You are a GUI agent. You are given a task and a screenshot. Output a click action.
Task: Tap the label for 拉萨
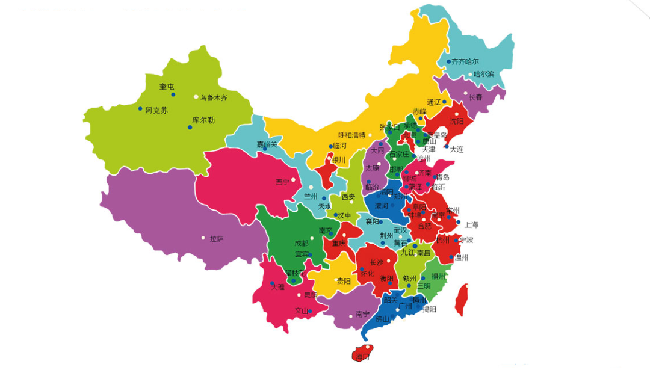217,239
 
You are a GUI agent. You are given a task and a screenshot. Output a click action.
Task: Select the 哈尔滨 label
483,75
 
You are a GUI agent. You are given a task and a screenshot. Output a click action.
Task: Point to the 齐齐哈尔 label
465,61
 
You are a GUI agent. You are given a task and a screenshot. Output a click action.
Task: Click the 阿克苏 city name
156,111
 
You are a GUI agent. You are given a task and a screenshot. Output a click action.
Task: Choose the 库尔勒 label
203,120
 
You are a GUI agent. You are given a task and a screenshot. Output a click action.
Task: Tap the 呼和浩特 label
351,135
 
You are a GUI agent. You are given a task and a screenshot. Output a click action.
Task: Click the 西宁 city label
282,182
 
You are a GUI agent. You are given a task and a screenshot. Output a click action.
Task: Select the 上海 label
471,225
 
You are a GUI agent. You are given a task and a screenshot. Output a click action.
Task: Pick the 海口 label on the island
362,357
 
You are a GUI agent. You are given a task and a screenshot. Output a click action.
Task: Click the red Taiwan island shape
462,299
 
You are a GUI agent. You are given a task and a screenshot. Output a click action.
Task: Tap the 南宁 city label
362,314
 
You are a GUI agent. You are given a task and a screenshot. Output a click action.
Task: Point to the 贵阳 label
344,281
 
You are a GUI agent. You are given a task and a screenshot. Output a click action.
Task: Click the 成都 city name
301,243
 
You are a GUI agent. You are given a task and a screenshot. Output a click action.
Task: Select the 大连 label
457,149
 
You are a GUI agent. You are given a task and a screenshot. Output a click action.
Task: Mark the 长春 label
475,97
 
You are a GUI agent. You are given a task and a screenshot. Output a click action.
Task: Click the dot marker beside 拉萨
203,238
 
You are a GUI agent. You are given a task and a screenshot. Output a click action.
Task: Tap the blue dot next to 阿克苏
141,109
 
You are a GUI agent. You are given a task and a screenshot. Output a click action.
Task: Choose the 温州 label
462,258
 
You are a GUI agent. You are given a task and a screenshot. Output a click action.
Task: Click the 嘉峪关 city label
267,144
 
